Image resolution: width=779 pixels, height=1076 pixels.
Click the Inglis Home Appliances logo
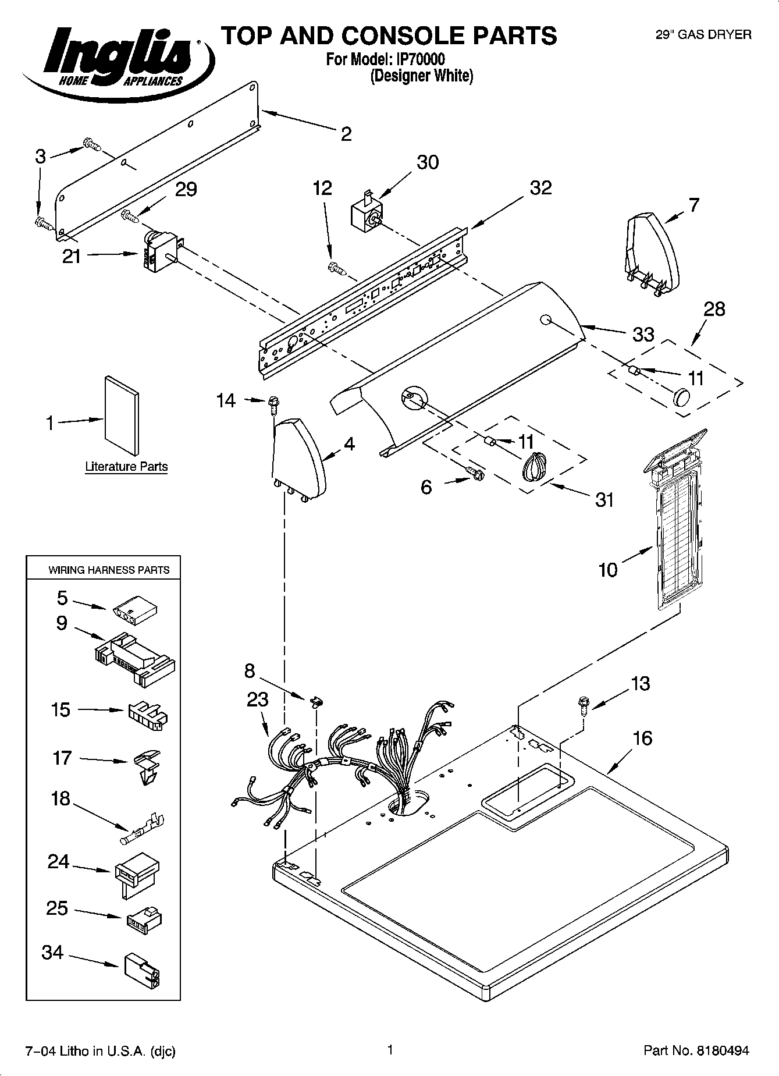pos(116,57)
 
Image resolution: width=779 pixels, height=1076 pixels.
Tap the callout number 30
pos(428,162)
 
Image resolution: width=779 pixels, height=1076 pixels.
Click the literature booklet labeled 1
pos(122,415)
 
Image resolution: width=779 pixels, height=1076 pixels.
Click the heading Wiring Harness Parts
pos(109,570)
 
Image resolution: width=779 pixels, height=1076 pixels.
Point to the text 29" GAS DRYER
pos(703,35)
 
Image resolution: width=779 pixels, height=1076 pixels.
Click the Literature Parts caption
pos(126,467)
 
